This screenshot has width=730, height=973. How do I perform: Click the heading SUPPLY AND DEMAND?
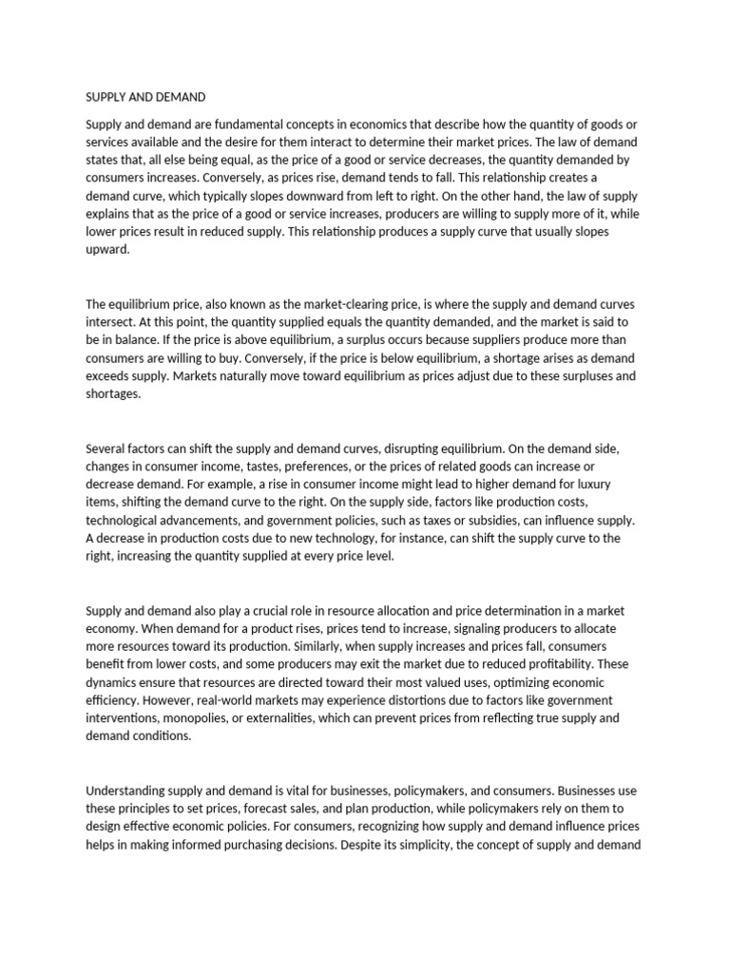click(145, 97)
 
